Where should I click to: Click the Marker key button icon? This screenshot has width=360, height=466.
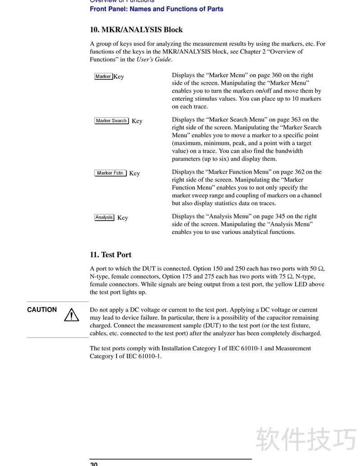103,77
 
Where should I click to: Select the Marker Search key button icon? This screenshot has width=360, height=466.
112,121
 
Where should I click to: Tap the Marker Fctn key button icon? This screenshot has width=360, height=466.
110,173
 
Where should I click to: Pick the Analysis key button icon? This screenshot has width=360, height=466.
104,217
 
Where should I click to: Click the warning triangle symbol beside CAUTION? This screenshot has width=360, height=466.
72,315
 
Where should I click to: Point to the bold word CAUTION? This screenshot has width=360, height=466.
42,310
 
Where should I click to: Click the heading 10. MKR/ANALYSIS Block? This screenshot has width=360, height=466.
136,30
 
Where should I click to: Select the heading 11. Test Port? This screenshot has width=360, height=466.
111,254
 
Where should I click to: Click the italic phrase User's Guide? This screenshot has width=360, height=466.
154,59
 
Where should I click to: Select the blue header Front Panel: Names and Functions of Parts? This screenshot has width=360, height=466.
157,9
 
